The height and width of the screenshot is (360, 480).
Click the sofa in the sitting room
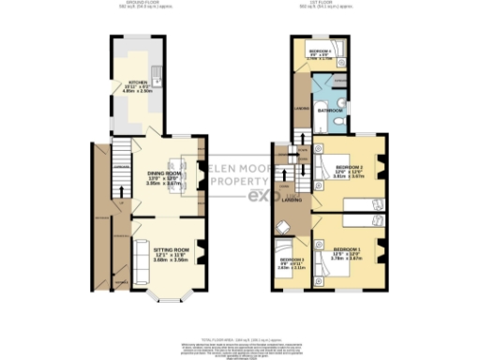(x=137, y=261)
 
